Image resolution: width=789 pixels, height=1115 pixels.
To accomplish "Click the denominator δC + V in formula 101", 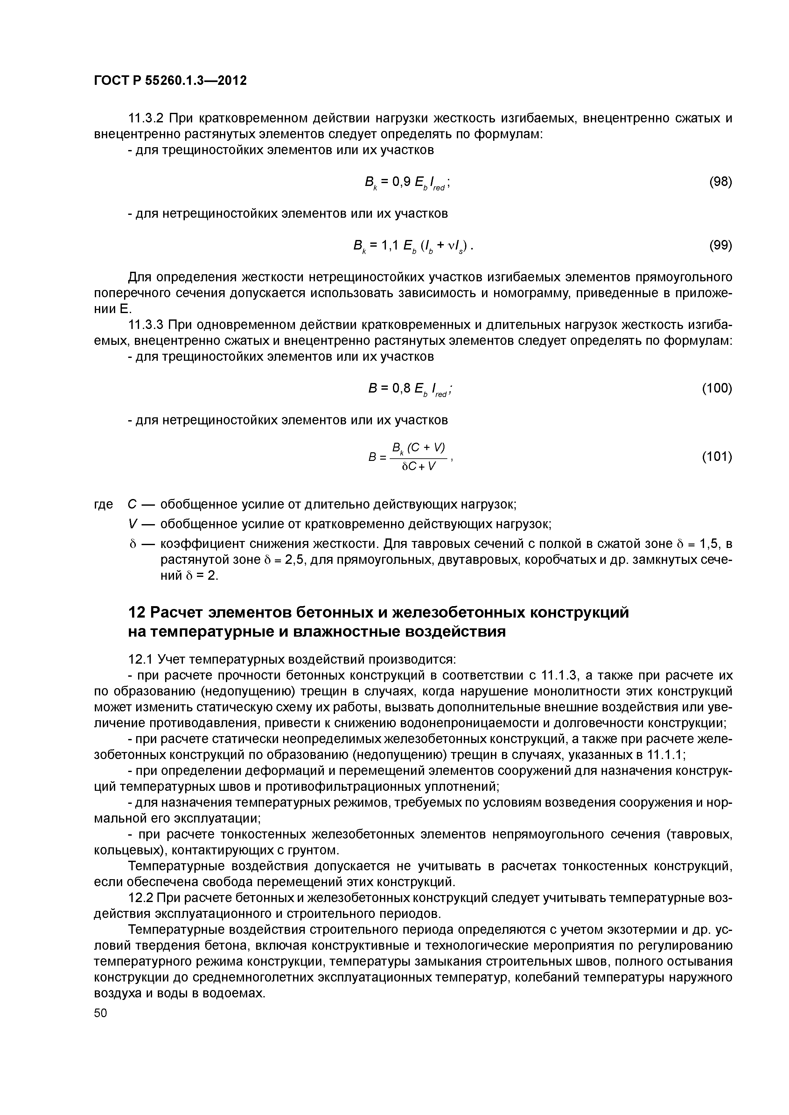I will click(x=418, y=467).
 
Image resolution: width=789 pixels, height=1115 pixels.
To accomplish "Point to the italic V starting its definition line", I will click(x=132, y=524).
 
